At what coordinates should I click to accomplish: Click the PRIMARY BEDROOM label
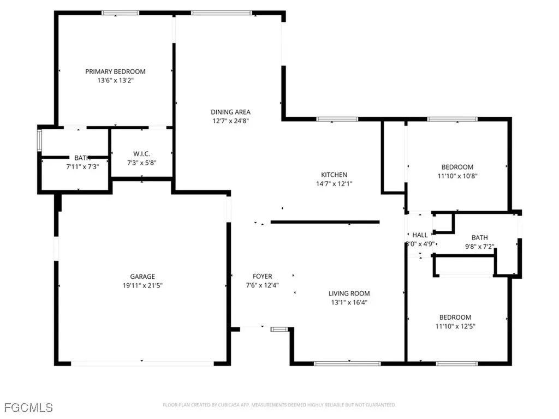pyautogui.click(x=115, y=71)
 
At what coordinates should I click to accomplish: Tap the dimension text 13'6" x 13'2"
pyautogui.click(x=115, y=80)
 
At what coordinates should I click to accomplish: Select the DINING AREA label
pyautogui.click(x=231, y=112)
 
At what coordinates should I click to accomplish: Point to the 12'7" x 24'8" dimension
pyautogui.click(x=231, y=121)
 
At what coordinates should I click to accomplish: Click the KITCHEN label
pyautogui.click(x=334, y=175)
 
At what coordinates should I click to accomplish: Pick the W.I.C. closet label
pyautogui.click(x=142, y=153)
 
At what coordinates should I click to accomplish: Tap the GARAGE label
pyautogui.click(x=142, y=277)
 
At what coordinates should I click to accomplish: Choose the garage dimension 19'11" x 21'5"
pyautogui.click(x=142, y=285)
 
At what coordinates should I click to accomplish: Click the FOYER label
pyautogui.click(x=262, y=277)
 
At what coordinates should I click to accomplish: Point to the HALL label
pyautogui.click(x=420, y=235)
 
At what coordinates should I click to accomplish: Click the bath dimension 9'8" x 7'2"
pyautogui.click(x=479, y=247)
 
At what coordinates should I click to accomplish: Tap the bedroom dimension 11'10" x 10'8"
pyautogui.click(x=457, y=176)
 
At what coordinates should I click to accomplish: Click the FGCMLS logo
pyautogui.click(x=28, y=407)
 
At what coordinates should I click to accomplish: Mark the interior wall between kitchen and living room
pyautogui.click(x=325, y=222)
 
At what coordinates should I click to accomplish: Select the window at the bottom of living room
pyautogui.click(x=340, y=363)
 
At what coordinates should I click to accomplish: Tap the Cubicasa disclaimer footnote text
pyautogui.click(x=279, y=405)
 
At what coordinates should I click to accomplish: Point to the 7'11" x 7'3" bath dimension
pyautogui.click(x=82, y=166)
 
